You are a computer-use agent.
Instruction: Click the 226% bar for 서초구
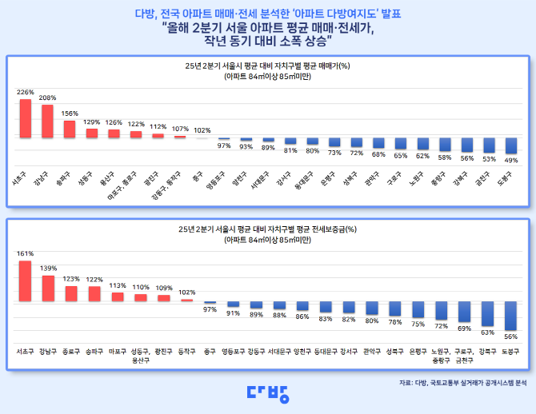point(26,117)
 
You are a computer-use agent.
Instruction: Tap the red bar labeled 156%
point(70,129)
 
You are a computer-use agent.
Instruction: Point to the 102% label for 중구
point(202,129)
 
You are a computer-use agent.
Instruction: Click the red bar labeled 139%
point(48,288)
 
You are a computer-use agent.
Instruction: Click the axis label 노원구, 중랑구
point(440,354)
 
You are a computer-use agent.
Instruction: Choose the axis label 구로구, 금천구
point(463,354)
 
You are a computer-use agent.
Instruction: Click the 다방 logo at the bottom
point(267,392)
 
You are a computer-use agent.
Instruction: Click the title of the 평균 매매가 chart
point(268,66)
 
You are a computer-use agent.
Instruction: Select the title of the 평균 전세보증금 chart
point(268,229)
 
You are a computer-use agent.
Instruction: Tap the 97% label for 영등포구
point(224,145)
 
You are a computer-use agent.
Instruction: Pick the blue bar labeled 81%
point(290,141)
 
